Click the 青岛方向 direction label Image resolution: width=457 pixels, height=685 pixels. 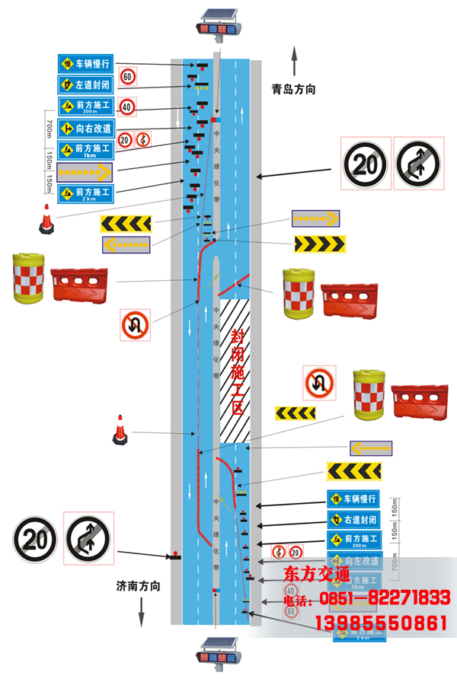coord(293,90)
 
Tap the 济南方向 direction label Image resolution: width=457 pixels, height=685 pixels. coord(139,586)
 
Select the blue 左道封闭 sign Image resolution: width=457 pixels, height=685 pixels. coord(85,84)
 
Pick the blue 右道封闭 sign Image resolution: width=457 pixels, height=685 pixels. coord(354,521)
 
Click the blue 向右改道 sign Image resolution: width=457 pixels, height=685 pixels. coord(85,129)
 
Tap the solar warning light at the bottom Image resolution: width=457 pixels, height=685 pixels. coord(218,655)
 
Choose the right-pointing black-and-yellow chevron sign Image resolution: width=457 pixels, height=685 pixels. coord(320,244)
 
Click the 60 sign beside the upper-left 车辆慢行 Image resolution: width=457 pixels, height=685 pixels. coord(128,76)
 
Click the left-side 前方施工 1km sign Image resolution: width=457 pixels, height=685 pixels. coord(85,151)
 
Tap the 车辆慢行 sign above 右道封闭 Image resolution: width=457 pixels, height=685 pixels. coord(354,499)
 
